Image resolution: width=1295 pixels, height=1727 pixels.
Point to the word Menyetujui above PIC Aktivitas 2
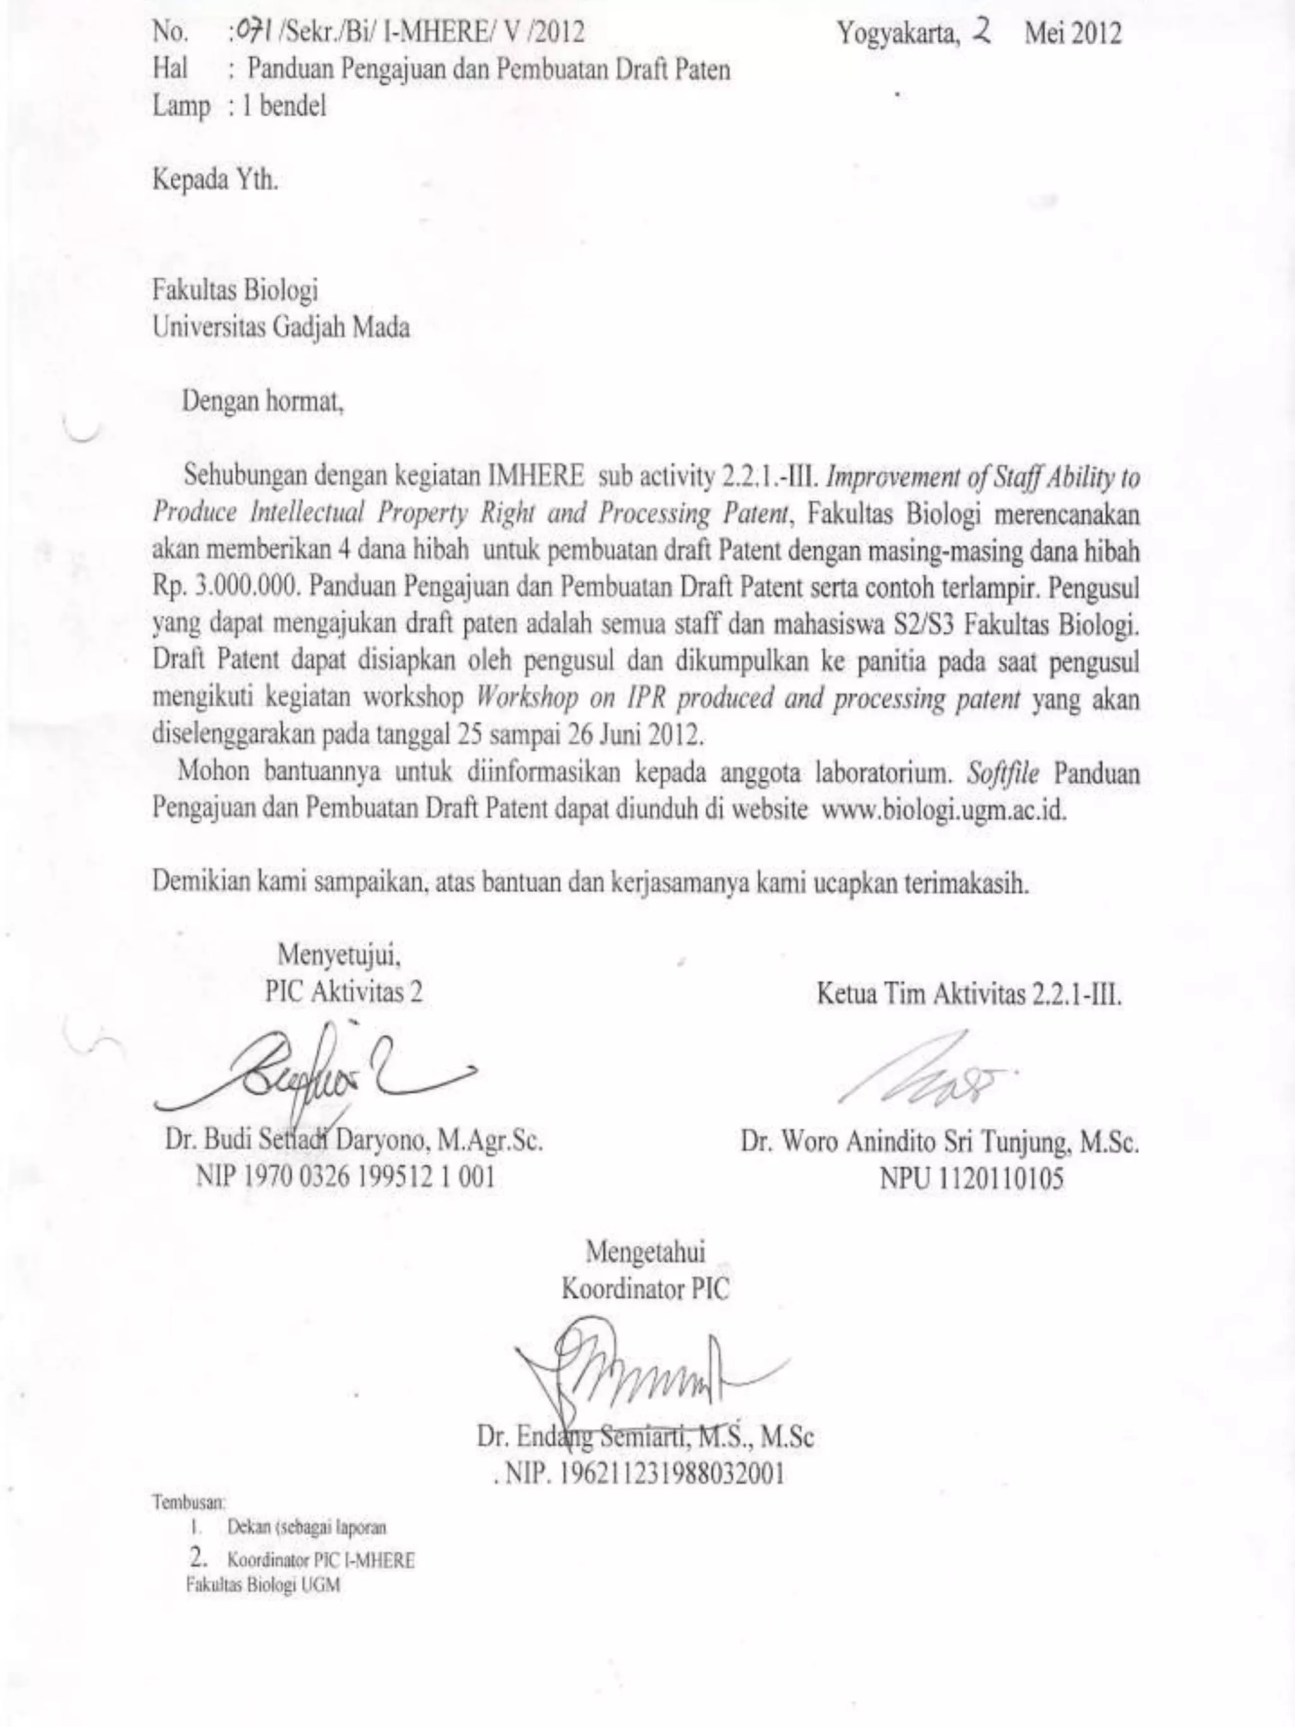point(340,955)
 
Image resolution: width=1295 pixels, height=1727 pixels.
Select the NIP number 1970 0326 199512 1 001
point(346,1177)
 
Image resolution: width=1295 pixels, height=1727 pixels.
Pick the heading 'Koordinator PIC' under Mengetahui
point(646,1289)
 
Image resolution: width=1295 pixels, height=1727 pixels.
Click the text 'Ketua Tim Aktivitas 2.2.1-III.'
point(969,995)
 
